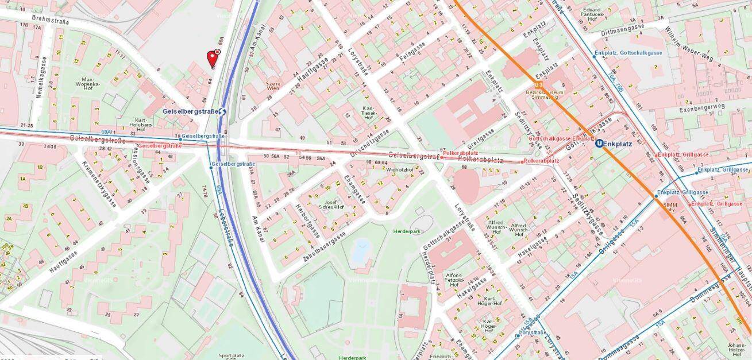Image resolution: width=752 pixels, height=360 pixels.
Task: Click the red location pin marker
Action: click(x=211, y=59)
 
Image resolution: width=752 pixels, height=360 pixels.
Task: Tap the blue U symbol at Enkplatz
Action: click(x=600, y=144)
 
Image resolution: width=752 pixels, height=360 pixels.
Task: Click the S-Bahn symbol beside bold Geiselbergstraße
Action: click(x=222, y=111)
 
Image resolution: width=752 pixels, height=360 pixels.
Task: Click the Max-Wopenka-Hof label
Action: click(x=91, y=84)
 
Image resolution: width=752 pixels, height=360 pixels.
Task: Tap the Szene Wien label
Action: click(x=273, y=87)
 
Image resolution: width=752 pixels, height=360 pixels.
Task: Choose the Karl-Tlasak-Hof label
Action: click(x=369, y=112)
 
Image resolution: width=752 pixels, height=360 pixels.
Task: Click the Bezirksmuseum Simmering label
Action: click(x=545, y=95)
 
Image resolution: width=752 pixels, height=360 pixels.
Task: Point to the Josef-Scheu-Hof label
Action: click(x=334, y=205)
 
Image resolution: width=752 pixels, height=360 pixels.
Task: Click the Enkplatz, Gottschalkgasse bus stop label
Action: click(x=628, y=53)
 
